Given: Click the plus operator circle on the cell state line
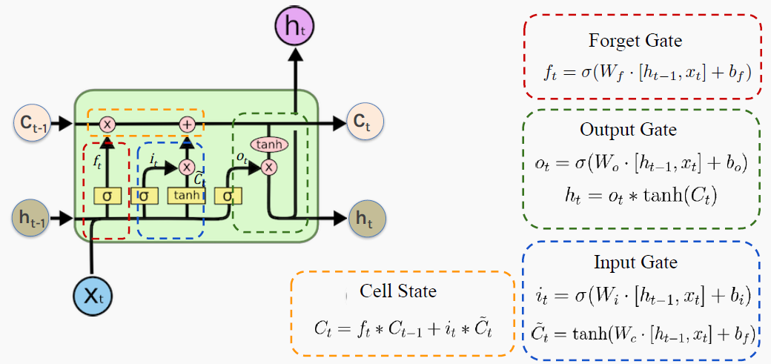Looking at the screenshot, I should pyautogui.click(x=187, y=125).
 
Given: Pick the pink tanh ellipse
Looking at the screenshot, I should pyautogui.click(x=268, y=145).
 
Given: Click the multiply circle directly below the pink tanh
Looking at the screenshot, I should pyautogui.click(x=268, y=167).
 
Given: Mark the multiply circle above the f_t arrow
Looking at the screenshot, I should pyautogui.click(x=107, y=125).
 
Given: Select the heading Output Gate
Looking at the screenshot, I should pyautogui.click(x=628, y=130).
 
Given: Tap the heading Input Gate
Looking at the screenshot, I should pyautogui.click(x=635, y=263).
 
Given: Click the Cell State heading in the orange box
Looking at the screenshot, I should pyautogui.click(x=398, y=291).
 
